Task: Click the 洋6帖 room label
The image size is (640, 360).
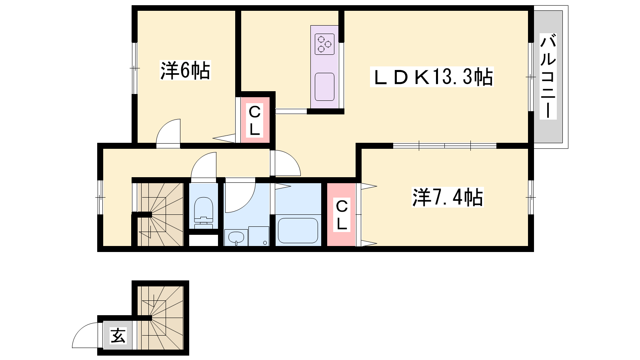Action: pyautogui.click(x=185, y=70)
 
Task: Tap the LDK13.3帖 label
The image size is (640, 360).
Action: pyautogui.click(x=432, y=77)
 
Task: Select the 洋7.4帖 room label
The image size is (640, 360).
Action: pyautogui.click(x=448, y=197)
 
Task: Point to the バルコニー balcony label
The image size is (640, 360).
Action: pyautogui.click(x=548, y=76)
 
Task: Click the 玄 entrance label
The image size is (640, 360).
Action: pyautogui.click(x=118, y=336)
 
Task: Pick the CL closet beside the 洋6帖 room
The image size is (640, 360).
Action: pyautogui.click(x=255, y=120)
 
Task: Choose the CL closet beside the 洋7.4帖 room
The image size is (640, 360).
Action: pyautogui.click(x=342, y=214)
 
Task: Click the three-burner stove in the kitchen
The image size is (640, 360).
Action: pyautogui.click(x=324, y=44)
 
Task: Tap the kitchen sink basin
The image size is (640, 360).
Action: pyautogui.click(x=324, y=87)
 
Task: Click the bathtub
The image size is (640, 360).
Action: pyautogui.click(x=298, y=230)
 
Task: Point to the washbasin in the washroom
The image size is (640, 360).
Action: pyautogui.click(x=236, y=238)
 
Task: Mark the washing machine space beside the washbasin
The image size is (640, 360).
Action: pyautogui.click(x=258, y=236)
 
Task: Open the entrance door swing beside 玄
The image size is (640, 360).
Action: pyautogui.click(x=85, y=335)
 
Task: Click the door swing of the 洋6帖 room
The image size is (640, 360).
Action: pyautogui.click(x=168, y=132)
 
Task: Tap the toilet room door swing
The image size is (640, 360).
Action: pyautogui.click(x=204, y=165)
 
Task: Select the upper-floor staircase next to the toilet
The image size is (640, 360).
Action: pyautogui.click(x=160, y=214)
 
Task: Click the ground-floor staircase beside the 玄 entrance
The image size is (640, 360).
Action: pyautogui.click(x=160, y=318)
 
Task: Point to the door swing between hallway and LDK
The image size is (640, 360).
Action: pyautogui.click(x=286, y=163)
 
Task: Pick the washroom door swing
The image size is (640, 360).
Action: pyautogui.click(x=240, y=198)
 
